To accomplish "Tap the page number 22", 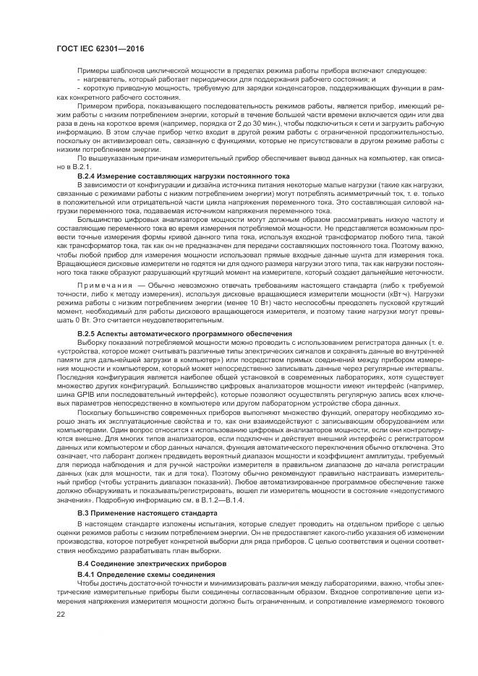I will pyautogui.click(x=60, y=613).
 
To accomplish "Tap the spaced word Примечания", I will pyautogui.click(x=103, y=286).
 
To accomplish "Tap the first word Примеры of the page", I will pyautogui.click(x=90, y=69).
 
